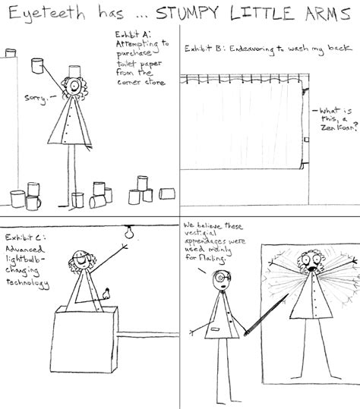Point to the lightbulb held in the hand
point(108,291)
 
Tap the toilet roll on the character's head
point(74,72)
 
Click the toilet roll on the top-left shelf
point(10,53)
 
